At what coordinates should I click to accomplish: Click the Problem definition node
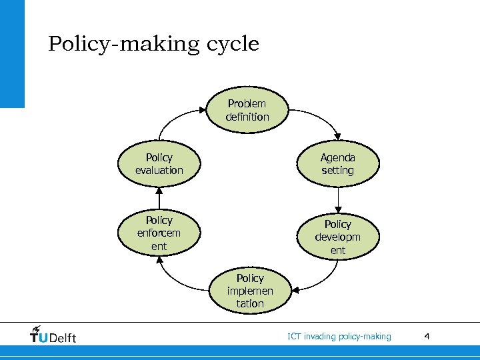coord(247,110)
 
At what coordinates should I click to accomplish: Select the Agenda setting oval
coord(338,164)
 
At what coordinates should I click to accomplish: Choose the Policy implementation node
coord(249,291)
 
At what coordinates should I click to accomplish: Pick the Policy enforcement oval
coord(159,233)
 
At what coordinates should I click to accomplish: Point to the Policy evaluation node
coord(159,164)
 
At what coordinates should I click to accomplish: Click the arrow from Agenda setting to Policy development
coord(338,197)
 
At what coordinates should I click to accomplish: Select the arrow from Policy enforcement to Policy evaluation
coord(159,197)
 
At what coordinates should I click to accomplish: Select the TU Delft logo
coord(53,336)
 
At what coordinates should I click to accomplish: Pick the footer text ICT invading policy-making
coord(339,336)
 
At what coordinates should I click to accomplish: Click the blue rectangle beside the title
coord(12,53)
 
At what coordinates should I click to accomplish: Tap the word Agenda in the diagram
coord(338,158)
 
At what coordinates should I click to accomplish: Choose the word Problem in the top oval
coord(247,103)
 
